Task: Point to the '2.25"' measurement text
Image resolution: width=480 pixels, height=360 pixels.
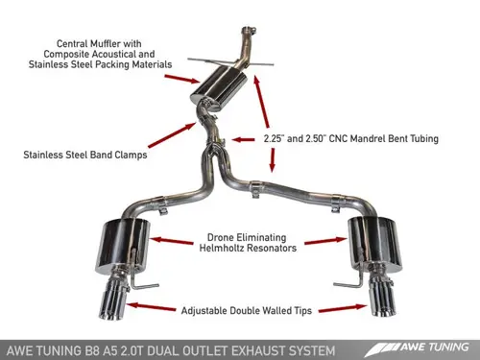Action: point(276,139)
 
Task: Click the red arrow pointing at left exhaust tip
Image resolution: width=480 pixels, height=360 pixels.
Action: point(154,307)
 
